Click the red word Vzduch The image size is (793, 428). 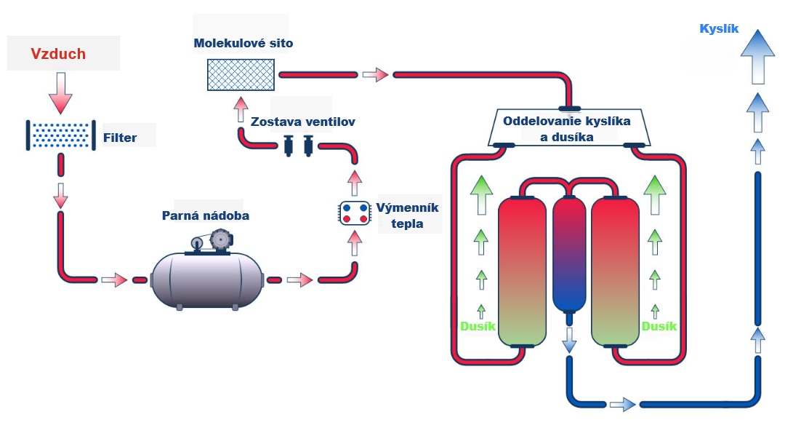pyautogui.click(x=58, y=54)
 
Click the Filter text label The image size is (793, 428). pyautogui.click(x=119, y=137)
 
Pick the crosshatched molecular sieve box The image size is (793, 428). pyautogui.click(x=240, y=75)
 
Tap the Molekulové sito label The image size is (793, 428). pyautogui.click(x=243, y=44)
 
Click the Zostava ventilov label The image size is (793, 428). pyautogui.click(x=303, y=122)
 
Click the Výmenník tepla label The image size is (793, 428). pyautogui.click(x=407, y=215)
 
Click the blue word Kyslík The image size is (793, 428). pyautogui.click(x=719, y=29)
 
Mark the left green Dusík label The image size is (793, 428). pyautogui.click(x=478, y=326)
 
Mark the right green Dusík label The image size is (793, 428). pyautogui.click(x=659, y=326)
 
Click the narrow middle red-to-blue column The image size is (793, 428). pyautogui.click(x=569, y=252)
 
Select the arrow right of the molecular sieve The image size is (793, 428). pyautogui.click(x=375, y=74)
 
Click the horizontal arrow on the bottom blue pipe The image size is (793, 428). pyautogui.click(x=622, y=404)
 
